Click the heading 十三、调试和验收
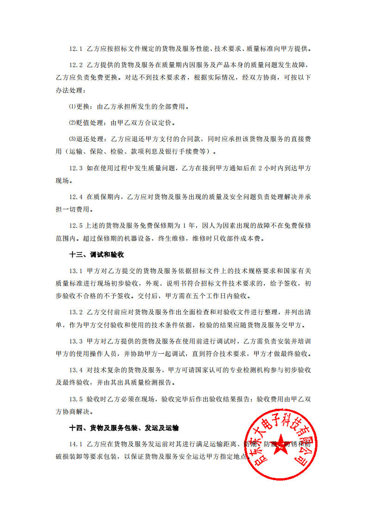(x=96, y=255)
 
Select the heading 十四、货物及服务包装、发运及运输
(x=124, y=427)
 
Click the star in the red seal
(x=279, y=445)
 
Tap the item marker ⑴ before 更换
(x=72, y=107)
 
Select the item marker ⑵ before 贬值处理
(x=72, y=123)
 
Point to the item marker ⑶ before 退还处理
(x=72, y=138)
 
